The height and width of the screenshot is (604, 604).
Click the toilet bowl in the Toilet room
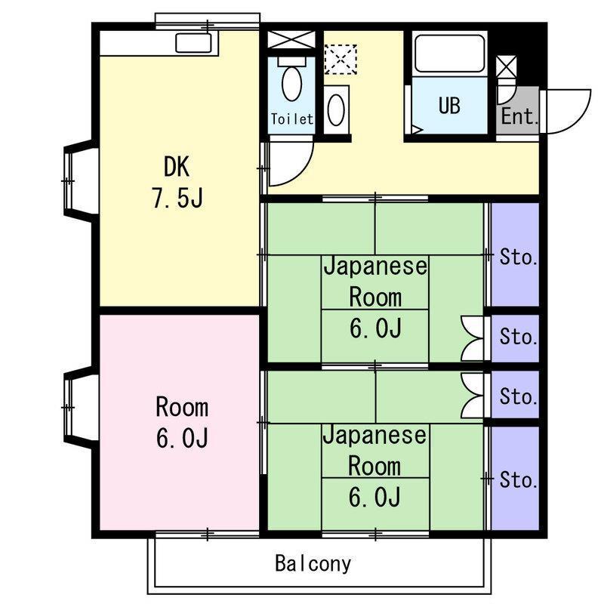(291, 83)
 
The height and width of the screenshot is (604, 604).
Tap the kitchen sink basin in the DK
(193, 43)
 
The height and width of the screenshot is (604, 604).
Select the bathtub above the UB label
(449, 54)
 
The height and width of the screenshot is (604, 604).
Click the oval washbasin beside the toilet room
(336, 109)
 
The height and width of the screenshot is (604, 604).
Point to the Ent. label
(519, 116)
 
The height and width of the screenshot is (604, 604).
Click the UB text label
(449, 105)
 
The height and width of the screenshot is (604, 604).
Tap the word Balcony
(313, 563)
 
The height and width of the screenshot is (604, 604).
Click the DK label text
(177, 167)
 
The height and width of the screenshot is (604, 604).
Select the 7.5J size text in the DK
(177, 198)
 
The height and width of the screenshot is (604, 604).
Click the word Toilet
(291, 119)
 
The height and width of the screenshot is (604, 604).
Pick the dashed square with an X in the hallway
(341, 60)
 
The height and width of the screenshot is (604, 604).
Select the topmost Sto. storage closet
(515, 254)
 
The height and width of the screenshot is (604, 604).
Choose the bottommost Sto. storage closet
(515, 479)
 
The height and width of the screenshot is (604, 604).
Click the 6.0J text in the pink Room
(182, 438)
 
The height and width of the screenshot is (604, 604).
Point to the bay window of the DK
(81, 180)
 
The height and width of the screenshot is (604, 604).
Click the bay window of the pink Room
(81, 407)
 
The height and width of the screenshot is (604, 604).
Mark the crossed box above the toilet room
(291, 40)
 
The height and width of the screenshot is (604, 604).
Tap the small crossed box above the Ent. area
(506, 67)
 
